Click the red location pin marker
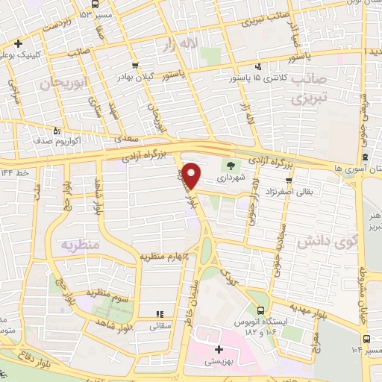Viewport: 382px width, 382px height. [x=191, y=174]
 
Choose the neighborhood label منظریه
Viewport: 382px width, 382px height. [x=79, y=245]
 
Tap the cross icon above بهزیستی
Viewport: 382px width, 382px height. [x=219, y=350]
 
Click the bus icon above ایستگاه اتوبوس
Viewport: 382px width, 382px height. [x=260, y=310]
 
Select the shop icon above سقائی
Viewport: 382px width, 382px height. [x=158, y=314]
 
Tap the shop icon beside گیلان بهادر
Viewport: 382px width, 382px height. [x=134, y=65]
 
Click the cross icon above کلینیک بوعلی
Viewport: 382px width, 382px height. [x=18, y=43]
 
